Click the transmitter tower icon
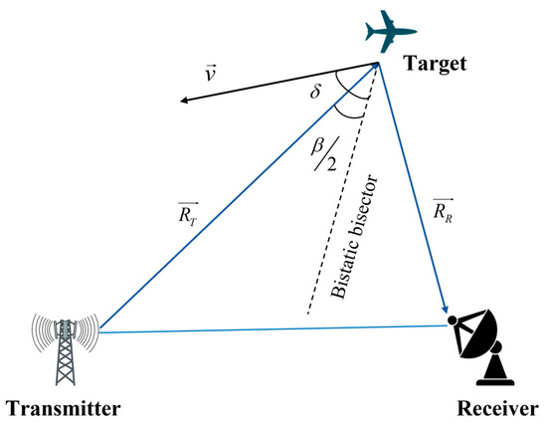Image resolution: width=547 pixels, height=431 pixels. tap(66, 349)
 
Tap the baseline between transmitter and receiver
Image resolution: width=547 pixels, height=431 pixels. tap(269, 325)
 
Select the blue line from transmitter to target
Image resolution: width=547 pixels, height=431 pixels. tap(239, 198)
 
